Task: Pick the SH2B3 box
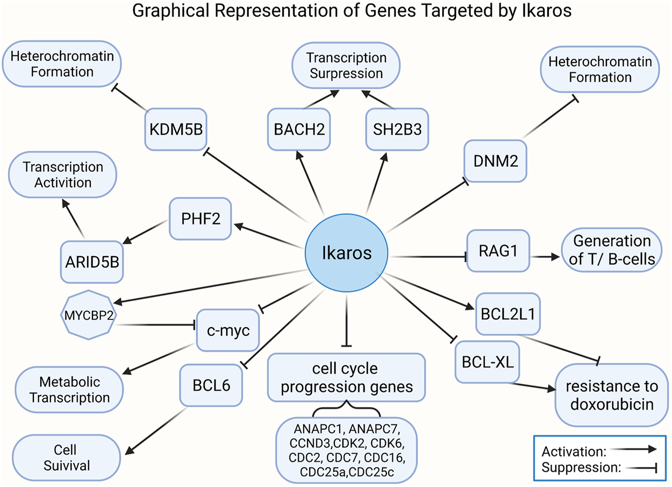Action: (397, 129)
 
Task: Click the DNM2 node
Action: (496, 160)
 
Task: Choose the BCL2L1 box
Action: (508, 314)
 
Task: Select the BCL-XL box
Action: (488, 361)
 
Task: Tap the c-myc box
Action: (228, 330)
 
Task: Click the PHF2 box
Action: (200, 218)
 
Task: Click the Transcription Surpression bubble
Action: (346, 65)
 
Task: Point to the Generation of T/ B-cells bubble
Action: (612, 250)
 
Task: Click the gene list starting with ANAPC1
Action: (346, 448)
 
